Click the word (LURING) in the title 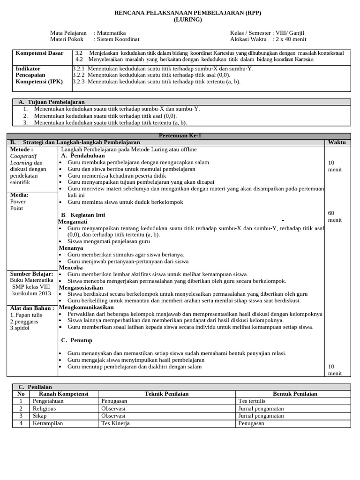tap(188, 20)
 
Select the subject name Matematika tap(111, 33)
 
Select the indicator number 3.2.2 tap(79, 75)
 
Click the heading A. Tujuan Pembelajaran tap(52, 102)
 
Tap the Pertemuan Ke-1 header tap(180, 135)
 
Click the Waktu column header tap(337, 142)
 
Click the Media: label tap(19, 195)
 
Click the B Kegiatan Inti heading tap(82, 215)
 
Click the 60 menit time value tap(335, 216)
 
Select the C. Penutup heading tap(77, 340)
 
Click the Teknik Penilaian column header tap(166, 394)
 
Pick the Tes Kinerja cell tap(115, 423)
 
